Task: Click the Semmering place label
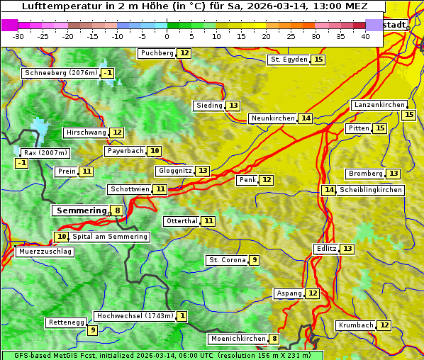coord(80,210)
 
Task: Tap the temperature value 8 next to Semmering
coord(117,210)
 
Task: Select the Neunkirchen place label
coord(272,118)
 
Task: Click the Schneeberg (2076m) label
coord(60,73)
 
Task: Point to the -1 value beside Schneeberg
coord(107,73)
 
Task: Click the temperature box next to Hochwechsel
coord(182,316)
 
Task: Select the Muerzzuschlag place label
coord(45,252)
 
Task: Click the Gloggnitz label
coord(174,171)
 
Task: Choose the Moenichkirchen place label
coord(238,339)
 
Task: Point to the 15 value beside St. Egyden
coord(318,60)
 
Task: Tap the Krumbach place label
coord(355,325)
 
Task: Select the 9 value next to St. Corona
coord(254,260)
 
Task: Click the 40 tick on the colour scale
coord(365,36)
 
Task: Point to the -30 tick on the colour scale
coord(18,36)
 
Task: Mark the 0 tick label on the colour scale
coord(167,36)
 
